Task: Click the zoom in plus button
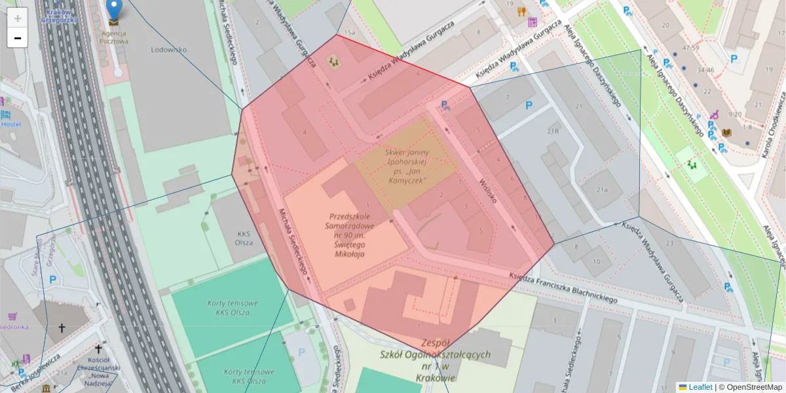click(x=18, y=18)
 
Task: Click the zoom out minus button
click(x=18, y=38)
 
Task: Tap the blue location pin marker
click(x=114, y=10)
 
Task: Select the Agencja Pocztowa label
click(x=114, y=37)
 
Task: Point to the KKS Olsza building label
click(x=244, y=236)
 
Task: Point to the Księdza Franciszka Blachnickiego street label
click(x=563, y=289)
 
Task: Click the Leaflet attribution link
click(x=700, y=387)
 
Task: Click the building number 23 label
click(x=669, y=243)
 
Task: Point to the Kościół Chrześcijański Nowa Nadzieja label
click(x=98, y=376)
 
